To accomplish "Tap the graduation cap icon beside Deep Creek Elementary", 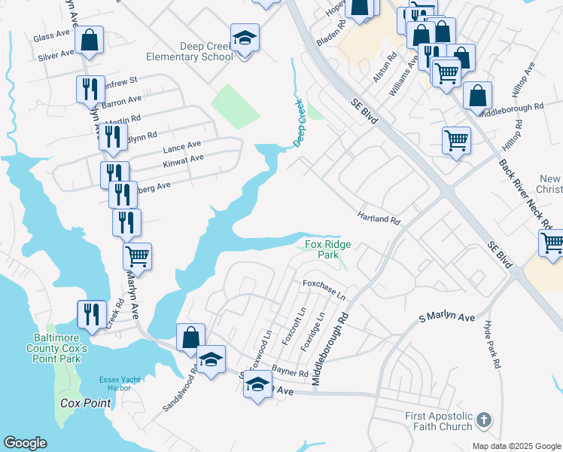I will click(x=245, y=38).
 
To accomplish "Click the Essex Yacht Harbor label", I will click(x=120, y=383).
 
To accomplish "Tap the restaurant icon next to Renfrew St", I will click(x=90, y=89).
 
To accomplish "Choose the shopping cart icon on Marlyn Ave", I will click(x=137, y=256).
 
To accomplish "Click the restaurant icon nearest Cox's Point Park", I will click(x=92, y=314).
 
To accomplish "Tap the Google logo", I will click(x=25, y=444).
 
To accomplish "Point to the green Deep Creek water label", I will click(x=299, y=123).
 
